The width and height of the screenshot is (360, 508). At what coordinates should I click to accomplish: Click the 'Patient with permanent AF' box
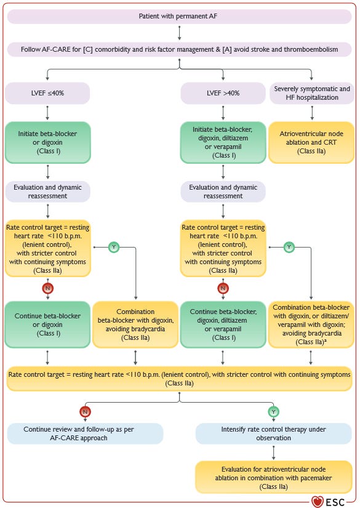(x=179, y=14)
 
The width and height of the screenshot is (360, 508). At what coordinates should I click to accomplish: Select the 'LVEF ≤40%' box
(x=47, y=94)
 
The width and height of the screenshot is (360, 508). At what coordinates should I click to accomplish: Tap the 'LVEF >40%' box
(x=223, y=94)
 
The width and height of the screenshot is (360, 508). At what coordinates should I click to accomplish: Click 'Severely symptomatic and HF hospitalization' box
(x=311, y=94)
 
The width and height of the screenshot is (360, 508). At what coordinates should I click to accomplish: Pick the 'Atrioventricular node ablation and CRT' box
(x=311, y=142)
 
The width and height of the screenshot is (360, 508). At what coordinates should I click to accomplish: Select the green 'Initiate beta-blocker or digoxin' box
(x=47, y=142)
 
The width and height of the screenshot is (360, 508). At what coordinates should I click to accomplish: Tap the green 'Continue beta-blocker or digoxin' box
(x=47, y=325)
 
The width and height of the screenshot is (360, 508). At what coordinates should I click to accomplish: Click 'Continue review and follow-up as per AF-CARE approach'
(x=85, y=434)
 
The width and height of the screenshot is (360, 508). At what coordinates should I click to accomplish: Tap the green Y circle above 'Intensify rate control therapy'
(x=273, y=410)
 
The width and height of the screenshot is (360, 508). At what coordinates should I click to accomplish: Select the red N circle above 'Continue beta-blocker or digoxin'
(x=47, y=288)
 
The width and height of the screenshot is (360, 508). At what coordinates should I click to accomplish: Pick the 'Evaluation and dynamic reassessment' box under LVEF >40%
(x=223, y=191)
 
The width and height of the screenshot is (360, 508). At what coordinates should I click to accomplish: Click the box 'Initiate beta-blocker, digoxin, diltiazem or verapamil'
(x=223, y=142)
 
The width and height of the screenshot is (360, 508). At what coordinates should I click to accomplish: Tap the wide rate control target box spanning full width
(x=179, y=379)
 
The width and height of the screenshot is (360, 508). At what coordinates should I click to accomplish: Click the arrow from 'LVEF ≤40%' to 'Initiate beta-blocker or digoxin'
(x=47, y=113)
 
